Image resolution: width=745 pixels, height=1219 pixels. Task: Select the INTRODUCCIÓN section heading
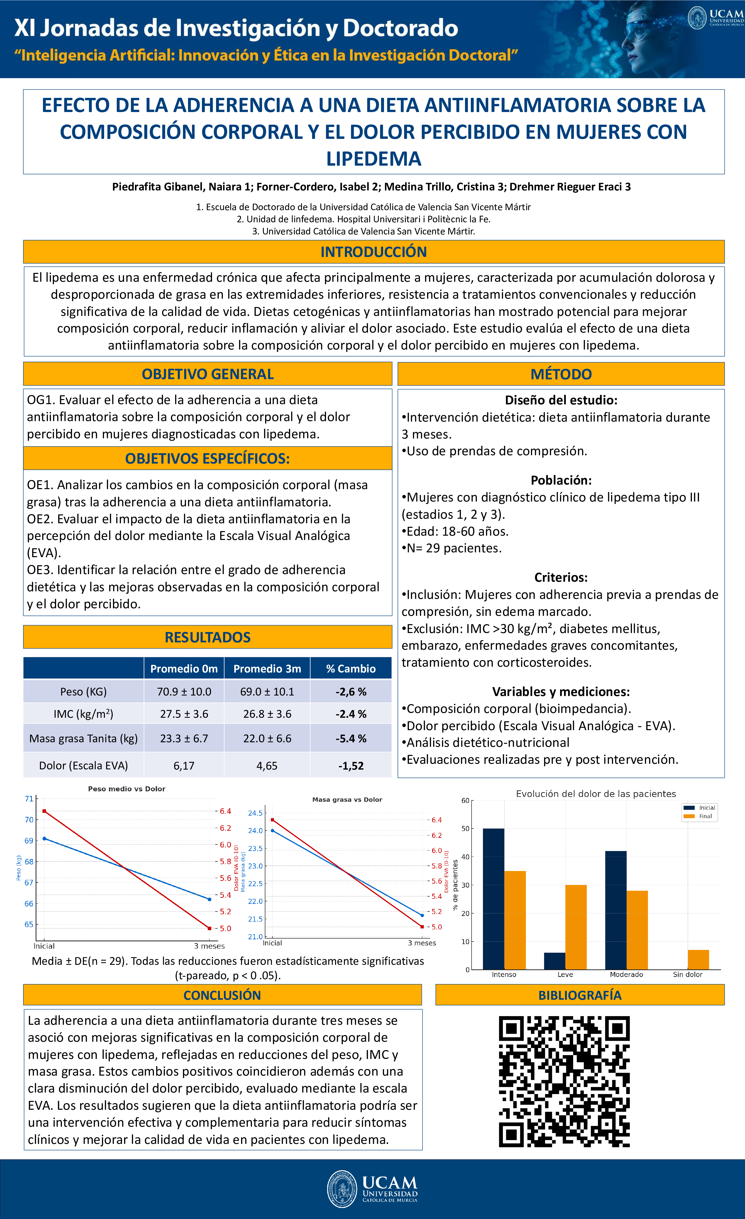373,252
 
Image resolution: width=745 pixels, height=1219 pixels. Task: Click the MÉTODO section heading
561,374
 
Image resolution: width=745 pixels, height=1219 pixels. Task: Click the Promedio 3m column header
267,668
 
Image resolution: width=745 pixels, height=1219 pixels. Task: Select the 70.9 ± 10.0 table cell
184,692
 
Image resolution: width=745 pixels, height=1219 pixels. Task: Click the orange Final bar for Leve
576,927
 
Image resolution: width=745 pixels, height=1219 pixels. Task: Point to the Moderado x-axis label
626,975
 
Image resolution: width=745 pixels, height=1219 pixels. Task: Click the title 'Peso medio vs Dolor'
127,789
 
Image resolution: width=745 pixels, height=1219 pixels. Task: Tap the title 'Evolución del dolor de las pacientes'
596,794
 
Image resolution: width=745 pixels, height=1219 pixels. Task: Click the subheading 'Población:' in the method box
561,480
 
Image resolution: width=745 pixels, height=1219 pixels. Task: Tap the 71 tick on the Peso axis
29,798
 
